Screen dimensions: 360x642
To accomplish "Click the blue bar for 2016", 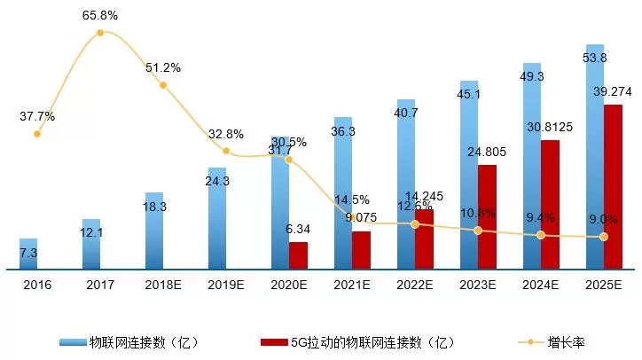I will pyautogui.click(x=28, y=253).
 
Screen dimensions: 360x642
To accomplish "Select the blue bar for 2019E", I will pyautogui.click(x=217, y=217).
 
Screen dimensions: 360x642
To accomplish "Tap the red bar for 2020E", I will pyautogui.click(x=298, y=254).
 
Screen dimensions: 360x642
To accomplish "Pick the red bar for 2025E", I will pyautogui.click(x=613, y=186).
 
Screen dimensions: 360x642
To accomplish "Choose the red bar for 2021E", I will pyautogui.click(x=361, y=249).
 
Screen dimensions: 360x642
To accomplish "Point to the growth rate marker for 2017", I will pyautogui.click(x=99, y=33).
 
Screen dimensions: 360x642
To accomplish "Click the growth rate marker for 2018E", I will pyautogui.click(x=162, y=85).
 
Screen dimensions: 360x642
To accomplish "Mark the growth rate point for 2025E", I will pyautogui.click(x=604, y=237).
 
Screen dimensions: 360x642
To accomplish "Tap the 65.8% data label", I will pyautogui.click(x=100, y=16).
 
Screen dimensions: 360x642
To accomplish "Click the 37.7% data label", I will pyautogui.click(x=37, y=116).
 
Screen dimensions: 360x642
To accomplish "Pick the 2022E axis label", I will pyautogui.click(x=415, y=285).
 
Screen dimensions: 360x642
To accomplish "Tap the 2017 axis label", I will pyautogui.click(x=100, y=285).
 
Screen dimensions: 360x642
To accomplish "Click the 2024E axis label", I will pyautogui.click(x=541, y=285).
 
